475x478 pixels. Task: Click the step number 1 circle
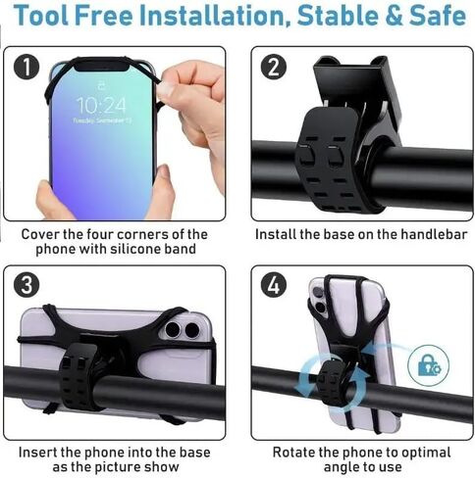(x=26, y=68)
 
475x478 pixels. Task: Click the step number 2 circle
(x=274, y=68)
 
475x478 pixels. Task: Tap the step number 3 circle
(x=26, y=285)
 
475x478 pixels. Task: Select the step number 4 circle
(x=274, y=285)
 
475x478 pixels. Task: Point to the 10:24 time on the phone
(x=101, y=105)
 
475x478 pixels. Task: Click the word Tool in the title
(x=41, y=16)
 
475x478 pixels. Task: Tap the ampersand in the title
(x=394, y=16)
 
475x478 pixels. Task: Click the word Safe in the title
(x=438, y=16)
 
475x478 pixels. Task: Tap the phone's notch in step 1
(x=101, y=67)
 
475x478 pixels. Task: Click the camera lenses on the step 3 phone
(x=183, y=330)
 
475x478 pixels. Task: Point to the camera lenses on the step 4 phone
(x=319, y=300)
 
